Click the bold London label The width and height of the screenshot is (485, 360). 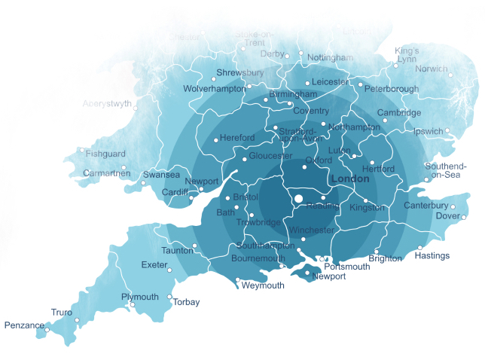(x=350, y=179)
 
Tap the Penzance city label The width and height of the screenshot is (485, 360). (x=23, y=325)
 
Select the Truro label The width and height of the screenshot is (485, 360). (x=62, y=312)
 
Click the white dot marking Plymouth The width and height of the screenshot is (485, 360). (x=133, y=305)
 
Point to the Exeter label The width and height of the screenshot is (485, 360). (x=154, y=265)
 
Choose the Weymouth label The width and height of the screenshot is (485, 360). (x=263, y=285)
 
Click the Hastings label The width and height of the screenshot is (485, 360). (x=432, y=255)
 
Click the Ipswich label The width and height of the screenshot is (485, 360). (x=429, y=131)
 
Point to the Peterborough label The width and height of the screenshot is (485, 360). (x=391, y=89)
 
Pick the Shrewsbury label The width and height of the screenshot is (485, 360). (x=239, y=73)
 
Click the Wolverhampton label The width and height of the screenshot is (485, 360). (x=215, y=89)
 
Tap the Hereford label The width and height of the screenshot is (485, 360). (x=237, y=138)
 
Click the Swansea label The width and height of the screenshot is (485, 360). (x=162, y=175)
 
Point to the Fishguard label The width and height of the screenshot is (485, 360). (x=106, y=154)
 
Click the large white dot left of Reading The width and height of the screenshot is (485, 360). (x=298, y=199)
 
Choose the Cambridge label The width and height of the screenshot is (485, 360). (x=399, y=113)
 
